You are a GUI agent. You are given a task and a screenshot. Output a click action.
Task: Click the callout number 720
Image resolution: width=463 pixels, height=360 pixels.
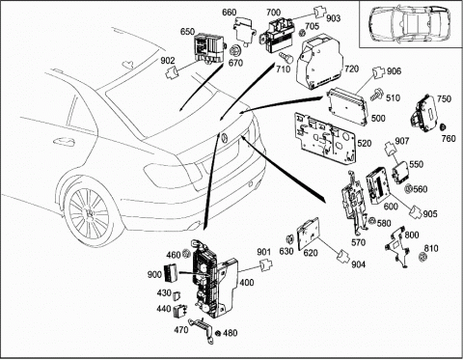tap(352, 69)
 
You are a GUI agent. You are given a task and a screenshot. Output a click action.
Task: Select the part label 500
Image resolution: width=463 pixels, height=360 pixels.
tap(378, 118)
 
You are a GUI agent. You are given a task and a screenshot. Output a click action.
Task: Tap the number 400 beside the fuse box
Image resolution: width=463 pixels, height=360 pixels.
tap(247, 283)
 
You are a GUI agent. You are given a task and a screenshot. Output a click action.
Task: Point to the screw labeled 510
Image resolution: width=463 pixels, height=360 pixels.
tap(376, 95)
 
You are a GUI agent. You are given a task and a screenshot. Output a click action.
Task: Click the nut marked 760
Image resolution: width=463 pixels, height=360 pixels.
tap(443, 126)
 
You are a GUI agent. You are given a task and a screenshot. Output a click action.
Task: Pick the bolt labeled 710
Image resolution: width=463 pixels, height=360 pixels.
tap(286, 58)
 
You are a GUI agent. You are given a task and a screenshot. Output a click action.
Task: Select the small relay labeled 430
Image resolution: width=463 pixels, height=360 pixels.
tap(177, 295)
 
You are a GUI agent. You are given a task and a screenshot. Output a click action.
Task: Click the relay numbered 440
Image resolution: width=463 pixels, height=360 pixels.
tap(180, 311)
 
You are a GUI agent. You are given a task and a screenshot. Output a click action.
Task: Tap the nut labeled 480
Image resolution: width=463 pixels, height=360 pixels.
tap(218, 333)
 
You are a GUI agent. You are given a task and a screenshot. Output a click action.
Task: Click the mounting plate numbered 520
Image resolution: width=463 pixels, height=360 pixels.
tap(326, 137)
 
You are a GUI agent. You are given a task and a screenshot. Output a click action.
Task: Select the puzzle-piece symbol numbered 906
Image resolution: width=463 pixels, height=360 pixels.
tap(378, 72)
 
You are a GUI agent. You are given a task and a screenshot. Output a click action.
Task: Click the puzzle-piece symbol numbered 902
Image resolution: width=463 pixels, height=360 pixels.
tap(173, 72)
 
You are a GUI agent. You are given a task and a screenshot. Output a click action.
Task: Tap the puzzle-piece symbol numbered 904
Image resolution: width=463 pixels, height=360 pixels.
tap(344, 256)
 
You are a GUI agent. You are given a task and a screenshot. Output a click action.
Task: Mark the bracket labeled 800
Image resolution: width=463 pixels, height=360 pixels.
tap(397, 247)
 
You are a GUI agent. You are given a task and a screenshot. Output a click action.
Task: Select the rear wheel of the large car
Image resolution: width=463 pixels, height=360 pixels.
tap(89, 214)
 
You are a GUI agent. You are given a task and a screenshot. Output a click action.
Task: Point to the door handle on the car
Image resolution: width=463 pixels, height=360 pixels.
tap(64, 141)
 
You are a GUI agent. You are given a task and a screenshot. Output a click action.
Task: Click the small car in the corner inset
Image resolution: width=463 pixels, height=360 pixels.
tap(409, 23)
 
